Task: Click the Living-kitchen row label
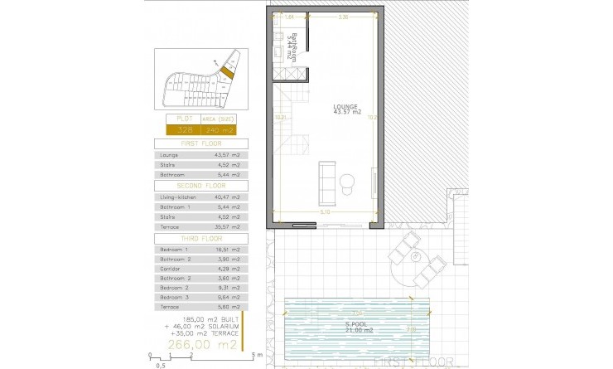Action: [x=176, y=197]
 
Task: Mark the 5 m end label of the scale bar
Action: [x=258, y=356]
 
